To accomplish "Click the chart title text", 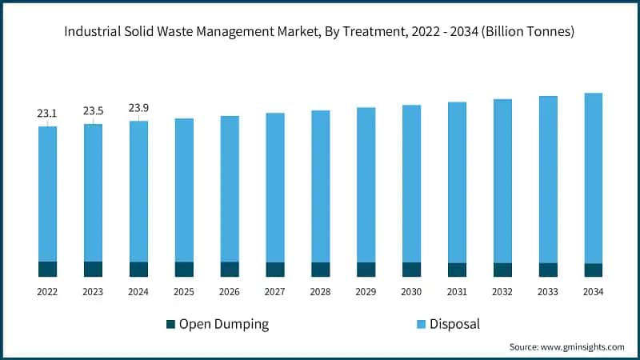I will [320, 32].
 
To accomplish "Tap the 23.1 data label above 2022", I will [47, 114].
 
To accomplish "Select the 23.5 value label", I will [93, 111].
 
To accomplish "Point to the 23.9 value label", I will [138, 109].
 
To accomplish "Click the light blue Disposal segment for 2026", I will [230, 189].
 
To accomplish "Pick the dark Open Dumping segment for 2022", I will [47, 269].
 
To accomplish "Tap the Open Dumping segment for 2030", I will [412, 270].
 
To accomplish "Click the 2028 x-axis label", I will [321, 293].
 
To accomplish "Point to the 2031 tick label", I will [458, 293].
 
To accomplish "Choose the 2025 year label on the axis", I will [184, 293].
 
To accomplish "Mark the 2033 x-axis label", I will [548, 293].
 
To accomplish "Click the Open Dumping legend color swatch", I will [170, 324].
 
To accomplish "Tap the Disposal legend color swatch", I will [421, 324].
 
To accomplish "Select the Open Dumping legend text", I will [223, 324].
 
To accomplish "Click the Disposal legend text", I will [454, 324].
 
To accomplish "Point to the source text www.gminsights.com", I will [566, 347].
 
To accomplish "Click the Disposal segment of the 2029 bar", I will [366, 185].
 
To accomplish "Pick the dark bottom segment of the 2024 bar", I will [138, 269].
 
